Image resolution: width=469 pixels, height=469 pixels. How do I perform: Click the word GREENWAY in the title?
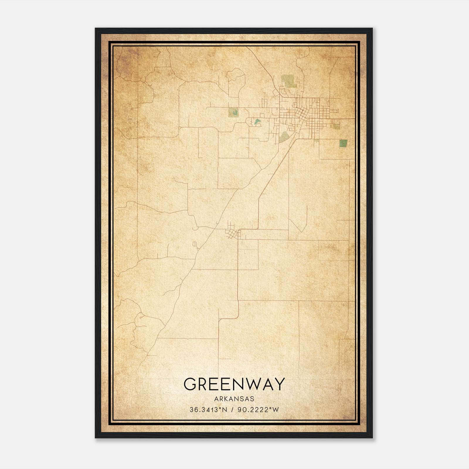click(234, 384)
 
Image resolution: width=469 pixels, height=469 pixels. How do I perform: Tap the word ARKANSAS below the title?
click(234, 399)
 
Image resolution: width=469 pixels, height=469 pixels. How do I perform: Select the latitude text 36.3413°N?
click(208, 410)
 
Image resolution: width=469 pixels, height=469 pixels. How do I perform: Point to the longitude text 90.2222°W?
click(258, 410)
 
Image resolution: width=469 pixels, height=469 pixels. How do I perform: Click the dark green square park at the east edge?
click(343, 143)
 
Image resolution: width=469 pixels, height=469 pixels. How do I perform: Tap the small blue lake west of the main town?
click(257, 121)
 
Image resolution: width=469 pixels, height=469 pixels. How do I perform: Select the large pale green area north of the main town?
click(289, 81)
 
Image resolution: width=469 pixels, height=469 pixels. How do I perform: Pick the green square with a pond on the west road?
click(234, 112)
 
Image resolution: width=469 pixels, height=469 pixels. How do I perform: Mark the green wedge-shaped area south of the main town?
click(283, 137)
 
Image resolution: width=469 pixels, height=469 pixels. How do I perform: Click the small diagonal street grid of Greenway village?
click(233, 233)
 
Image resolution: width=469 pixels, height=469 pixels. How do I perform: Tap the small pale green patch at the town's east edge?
click(336, 127)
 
